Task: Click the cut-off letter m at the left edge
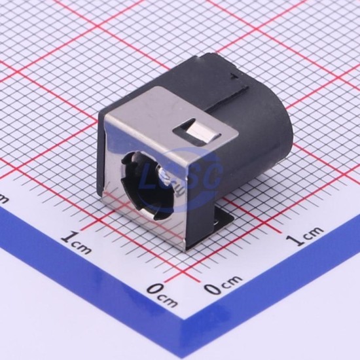(3, 200)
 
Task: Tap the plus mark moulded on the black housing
(234, 76)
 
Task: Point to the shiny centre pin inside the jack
(164, 176)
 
